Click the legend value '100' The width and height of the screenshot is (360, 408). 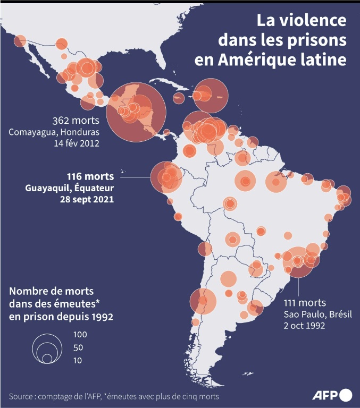click(80, 335)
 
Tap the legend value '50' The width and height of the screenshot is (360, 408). click(79, 348)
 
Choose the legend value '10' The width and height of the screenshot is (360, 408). click(78, 360)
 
